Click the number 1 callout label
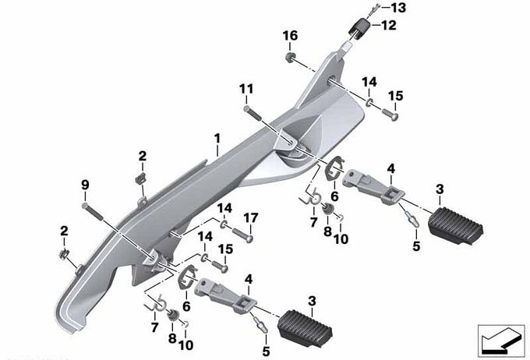(217, 139)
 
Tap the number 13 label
(397, 8)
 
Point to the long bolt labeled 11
(253, 113)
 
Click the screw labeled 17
(242, 235)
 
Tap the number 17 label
(250, 218)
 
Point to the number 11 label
(246, 90)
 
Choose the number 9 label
(85, 185)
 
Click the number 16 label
(291, 36)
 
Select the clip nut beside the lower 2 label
(64, 254)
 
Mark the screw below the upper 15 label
(390, 115)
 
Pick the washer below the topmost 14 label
(369, 102)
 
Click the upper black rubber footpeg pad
(455, 224)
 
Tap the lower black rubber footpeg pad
(305, 327)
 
